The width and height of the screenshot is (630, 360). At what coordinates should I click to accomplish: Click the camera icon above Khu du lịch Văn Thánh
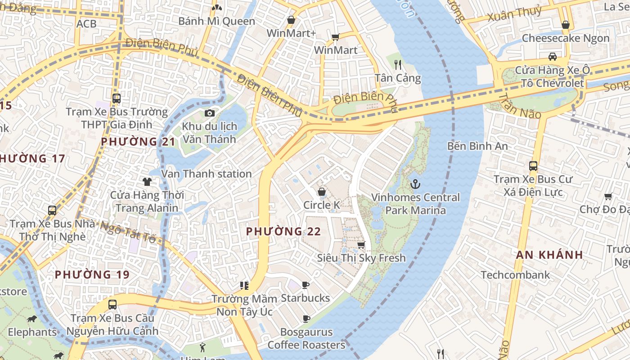[209, 113]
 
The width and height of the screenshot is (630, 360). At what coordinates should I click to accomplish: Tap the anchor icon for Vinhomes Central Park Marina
[415, 184]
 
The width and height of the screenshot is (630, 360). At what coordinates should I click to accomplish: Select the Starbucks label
[305, 298]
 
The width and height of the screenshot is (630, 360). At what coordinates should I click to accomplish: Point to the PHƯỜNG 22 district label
[283, 231]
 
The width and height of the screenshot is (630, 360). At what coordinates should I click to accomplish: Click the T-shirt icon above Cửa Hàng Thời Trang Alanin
[147, 181]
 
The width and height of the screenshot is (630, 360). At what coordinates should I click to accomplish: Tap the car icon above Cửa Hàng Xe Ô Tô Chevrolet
[552, 56]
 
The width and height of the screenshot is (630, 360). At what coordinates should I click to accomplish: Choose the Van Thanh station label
[207, 174]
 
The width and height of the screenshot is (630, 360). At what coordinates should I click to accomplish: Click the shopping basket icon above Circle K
[322, 192]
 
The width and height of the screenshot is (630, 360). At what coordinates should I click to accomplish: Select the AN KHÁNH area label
[549, 255]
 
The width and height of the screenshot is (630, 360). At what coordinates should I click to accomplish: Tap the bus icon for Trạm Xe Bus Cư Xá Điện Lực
[533, 166]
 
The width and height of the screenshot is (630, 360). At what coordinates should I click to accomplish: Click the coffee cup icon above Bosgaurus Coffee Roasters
[306, 319]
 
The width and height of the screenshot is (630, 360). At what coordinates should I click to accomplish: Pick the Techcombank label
[515, 275]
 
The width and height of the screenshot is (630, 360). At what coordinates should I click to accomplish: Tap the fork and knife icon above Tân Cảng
[398, 64]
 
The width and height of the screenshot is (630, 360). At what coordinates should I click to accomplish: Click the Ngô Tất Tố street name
[128, 231]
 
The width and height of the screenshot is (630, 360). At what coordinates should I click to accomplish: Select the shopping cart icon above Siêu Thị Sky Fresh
[361, 245]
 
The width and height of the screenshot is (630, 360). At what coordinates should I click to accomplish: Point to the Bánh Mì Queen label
[216, 21]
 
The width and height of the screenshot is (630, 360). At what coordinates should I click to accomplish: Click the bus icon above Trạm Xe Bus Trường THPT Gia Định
[117, 98]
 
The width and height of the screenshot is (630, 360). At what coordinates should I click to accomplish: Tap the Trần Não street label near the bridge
[519, 106]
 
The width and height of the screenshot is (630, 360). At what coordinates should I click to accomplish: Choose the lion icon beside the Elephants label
[31, 319]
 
